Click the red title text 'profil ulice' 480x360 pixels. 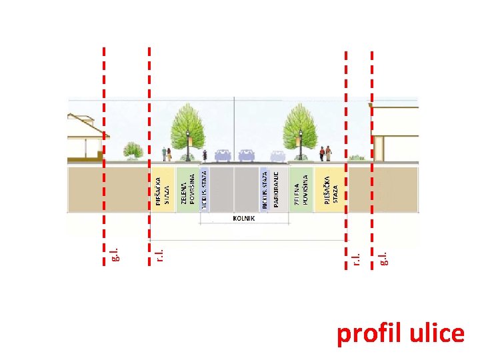coord(400,333)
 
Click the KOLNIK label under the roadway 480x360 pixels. coord(243,218)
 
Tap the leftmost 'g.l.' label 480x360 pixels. coord(114,253)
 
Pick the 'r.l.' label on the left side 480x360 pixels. coord(159,254)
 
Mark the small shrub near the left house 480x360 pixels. coord(134,150)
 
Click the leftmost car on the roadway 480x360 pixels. coord(223,155)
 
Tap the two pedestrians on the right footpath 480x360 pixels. coord(325,153)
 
